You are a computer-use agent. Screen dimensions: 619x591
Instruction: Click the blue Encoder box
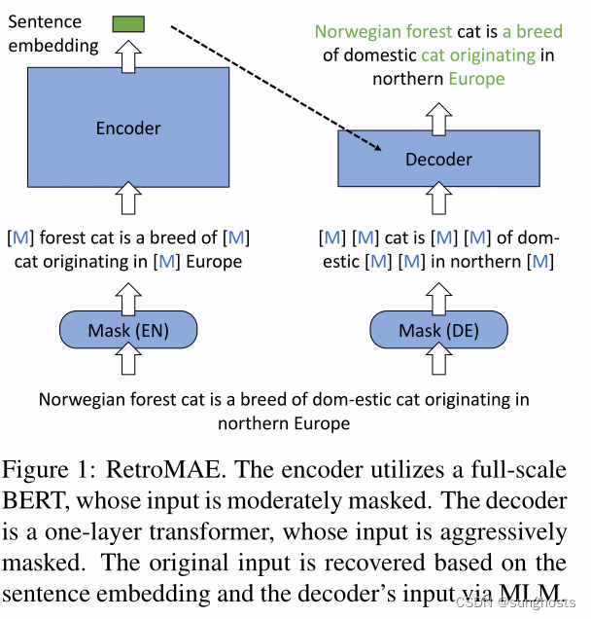[128, 128]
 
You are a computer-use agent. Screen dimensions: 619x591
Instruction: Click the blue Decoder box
[437, 159]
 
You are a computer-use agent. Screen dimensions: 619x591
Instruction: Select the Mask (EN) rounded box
[128, 331]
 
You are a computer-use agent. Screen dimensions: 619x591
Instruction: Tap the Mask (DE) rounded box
[438, 331]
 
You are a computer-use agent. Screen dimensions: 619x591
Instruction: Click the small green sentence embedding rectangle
[127, 23]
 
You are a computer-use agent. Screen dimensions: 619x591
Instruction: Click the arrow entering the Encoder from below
[128, 199]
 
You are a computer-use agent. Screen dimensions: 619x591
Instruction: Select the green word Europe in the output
[476, 78]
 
